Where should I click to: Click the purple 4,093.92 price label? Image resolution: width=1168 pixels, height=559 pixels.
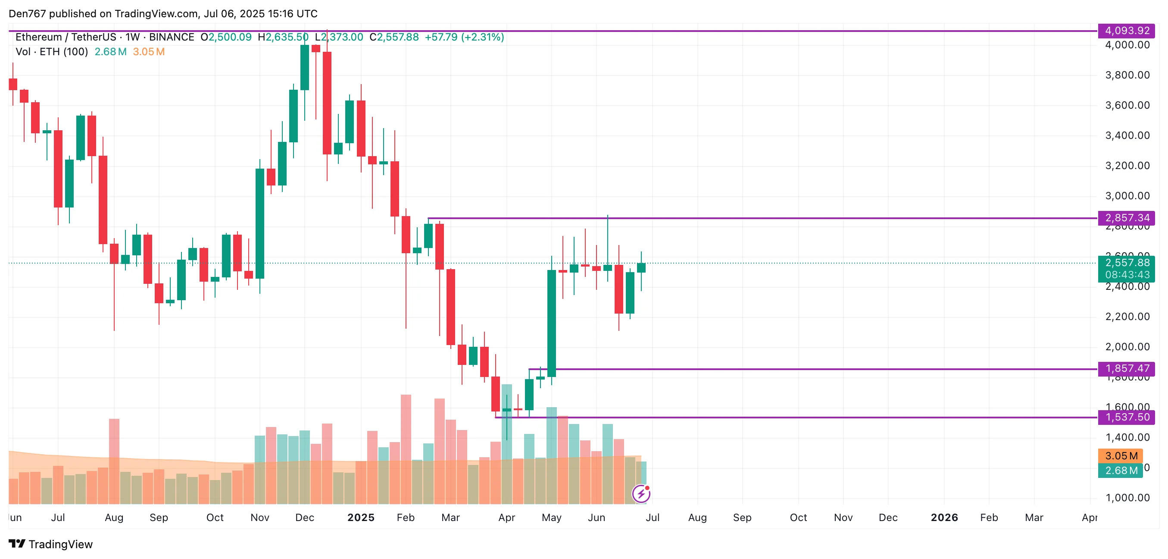[1126, 31]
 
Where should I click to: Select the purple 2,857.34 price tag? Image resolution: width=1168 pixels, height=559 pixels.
[1126, 218]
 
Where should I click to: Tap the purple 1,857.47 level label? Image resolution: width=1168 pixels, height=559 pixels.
[1126, 368]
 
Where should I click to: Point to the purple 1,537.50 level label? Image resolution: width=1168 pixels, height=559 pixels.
[1126, 417]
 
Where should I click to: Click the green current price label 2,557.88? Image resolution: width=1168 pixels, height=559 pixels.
[1126, 263]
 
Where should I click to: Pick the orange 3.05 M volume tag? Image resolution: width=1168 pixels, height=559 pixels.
[1121, 455]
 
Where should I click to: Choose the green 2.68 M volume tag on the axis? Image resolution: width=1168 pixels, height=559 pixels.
[1121, 471]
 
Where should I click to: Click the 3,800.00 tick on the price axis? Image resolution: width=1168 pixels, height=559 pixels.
[1127, 75]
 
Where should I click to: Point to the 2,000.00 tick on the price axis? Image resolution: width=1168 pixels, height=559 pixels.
[1127, 347]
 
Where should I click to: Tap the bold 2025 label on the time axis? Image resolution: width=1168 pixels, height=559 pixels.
[361, 518]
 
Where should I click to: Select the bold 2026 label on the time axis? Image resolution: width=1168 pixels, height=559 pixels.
[944, 518]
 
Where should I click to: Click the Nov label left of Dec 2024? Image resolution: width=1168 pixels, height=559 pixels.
[260, 518]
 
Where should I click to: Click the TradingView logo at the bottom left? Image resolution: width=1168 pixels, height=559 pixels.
[51, 544]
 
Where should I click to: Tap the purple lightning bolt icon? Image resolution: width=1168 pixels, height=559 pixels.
[641, 494]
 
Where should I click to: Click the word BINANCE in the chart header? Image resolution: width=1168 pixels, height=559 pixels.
[172, 37]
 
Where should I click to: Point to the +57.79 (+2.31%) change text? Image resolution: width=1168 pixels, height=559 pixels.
[464, 37]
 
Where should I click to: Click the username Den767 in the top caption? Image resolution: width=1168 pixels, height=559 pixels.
[27, 14]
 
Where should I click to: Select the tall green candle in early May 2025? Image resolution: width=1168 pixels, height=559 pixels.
[551, 323]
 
